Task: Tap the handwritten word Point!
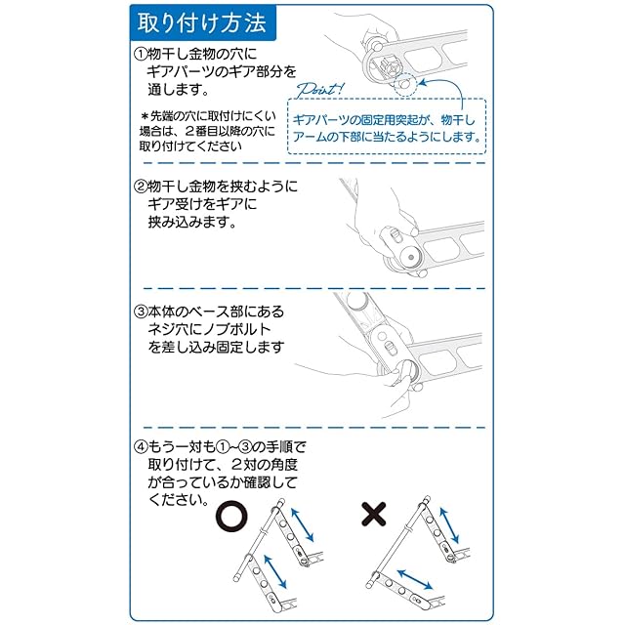tap(313, 88)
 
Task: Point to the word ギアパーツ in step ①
tap(177, 71)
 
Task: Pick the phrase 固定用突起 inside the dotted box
tap(389, 117)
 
